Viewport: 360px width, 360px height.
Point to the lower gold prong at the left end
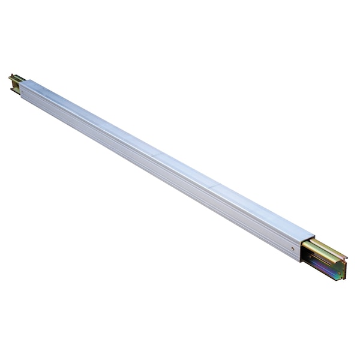tap(13, 90)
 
